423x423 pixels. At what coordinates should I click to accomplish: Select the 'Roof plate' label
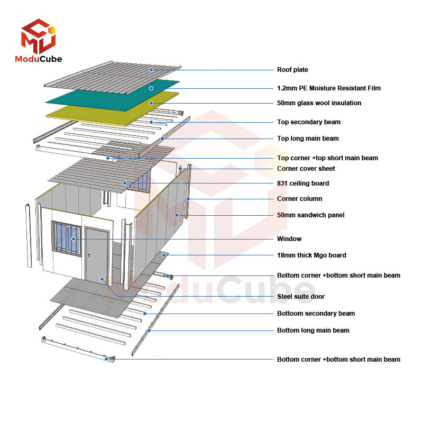point(292,70)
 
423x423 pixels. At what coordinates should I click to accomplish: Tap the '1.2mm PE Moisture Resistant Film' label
point(328,88)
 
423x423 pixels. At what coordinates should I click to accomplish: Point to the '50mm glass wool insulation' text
point(319,103)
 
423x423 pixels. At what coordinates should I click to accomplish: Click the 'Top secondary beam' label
point(308,122)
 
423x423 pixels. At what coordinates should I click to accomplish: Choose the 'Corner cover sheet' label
point(306,169)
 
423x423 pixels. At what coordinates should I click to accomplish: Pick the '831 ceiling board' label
point(302,183)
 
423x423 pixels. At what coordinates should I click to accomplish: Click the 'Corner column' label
point(299,199)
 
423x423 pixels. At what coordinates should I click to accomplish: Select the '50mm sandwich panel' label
point(310,215)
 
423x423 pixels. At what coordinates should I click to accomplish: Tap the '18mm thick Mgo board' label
point(311,255)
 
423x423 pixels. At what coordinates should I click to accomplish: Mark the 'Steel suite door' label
point(301,297)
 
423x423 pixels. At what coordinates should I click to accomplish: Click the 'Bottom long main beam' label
point(313,330)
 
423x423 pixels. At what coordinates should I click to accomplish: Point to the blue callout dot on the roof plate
point(151,70)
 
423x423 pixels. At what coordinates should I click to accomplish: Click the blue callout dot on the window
point(73,239)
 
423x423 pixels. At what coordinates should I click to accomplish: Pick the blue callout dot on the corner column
point(188,199)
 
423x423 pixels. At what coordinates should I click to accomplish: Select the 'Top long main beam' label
point(308,139)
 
